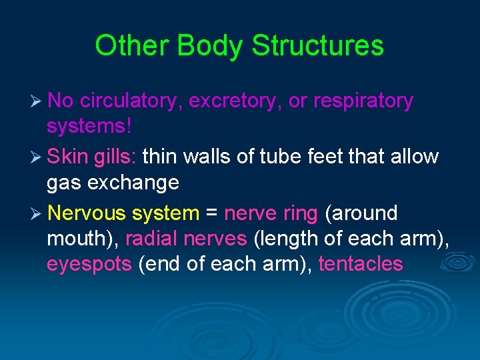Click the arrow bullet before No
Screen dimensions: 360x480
coord(37,101)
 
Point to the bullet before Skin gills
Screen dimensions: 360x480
coord(37,157)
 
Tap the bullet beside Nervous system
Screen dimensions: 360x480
coord(37,214)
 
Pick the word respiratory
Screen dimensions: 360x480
coord(363,101)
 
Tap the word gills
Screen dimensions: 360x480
coord(117,157)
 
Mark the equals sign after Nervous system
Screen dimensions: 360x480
coord(212,214)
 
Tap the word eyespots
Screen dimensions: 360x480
coord(89,264)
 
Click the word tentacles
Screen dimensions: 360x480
coord(361,264)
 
